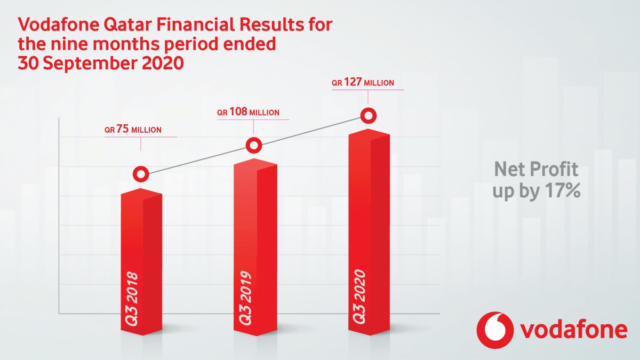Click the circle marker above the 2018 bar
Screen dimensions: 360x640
[141, 174]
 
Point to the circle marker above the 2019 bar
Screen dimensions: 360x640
[254, 145]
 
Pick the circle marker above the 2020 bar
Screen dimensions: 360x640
[368, 115]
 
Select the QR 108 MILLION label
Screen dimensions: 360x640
[248, 113]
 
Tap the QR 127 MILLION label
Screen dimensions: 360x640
[363, 83]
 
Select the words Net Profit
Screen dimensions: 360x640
[535, 170]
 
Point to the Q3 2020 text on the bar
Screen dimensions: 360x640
[358, 297]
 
